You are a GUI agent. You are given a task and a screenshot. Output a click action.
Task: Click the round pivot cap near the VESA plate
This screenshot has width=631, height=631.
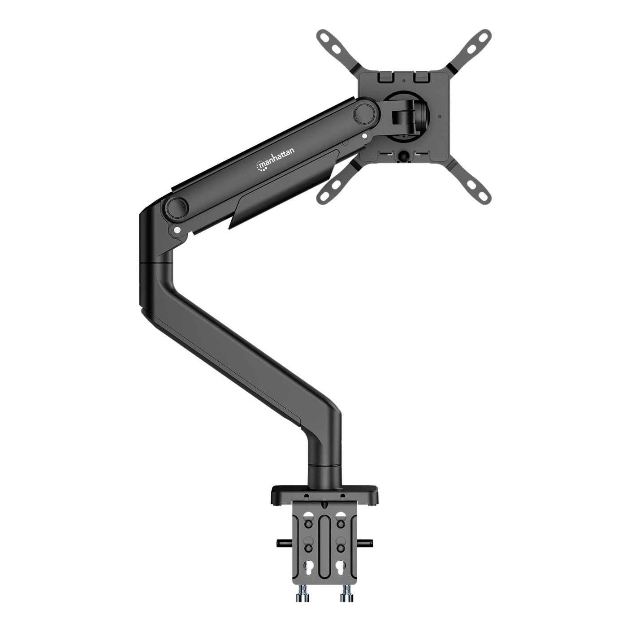point(365,112)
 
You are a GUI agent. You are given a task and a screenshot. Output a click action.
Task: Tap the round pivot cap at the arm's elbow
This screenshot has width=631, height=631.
point(177,206)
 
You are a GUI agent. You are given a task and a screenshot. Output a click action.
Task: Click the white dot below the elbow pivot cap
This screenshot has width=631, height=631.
point(177,230)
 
